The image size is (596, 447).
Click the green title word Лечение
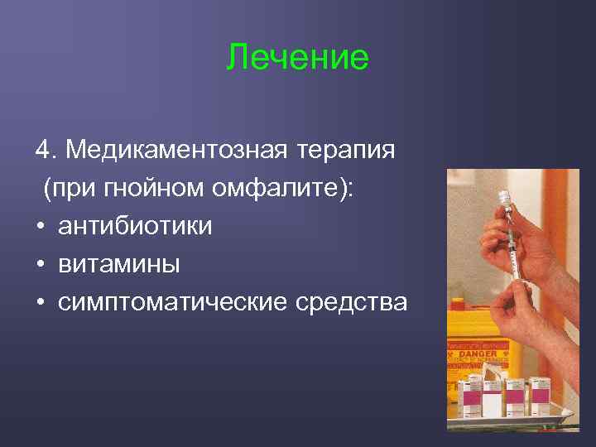[x=297, y=58]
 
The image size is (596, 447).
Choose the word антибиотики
[x=134, y=226]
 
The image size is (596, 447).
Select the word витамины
[x=118, y=264]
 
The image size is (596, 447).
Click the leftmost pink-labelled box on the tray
[x=473, y=397]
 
